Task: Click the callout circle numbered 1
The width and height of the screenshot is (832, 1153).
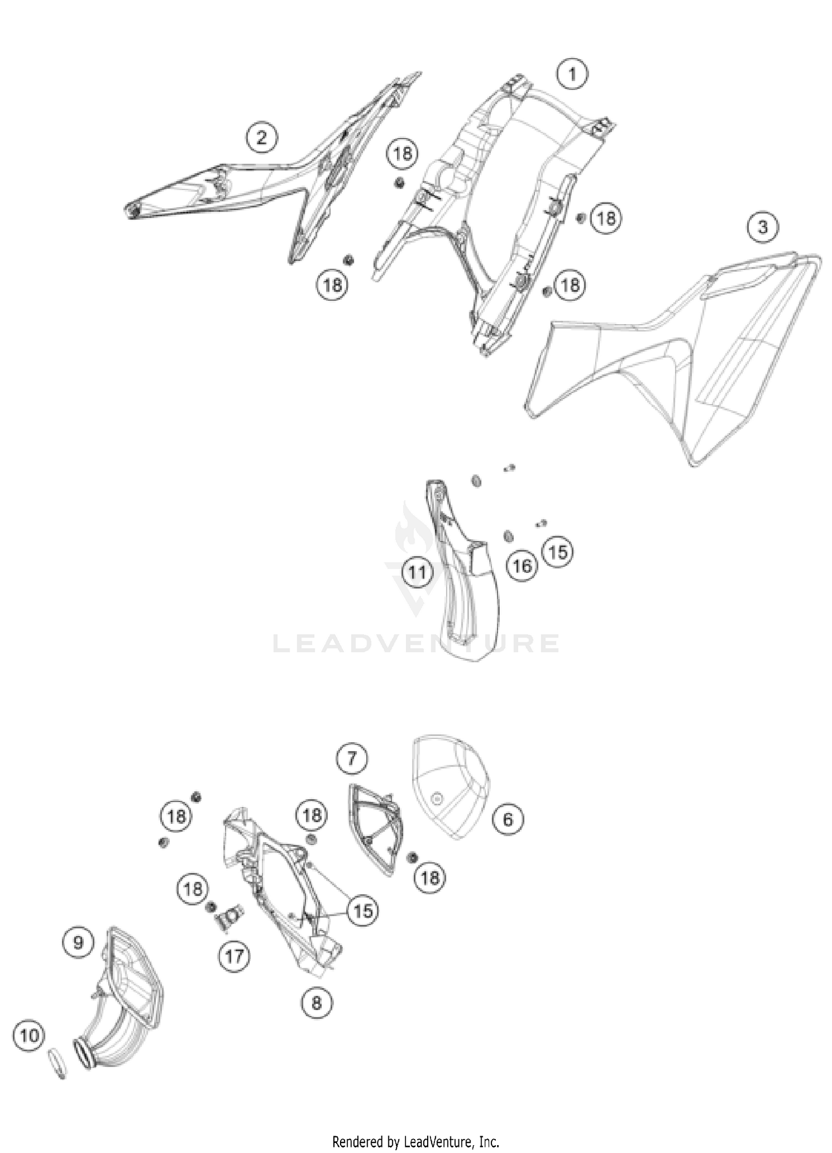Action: pos(572,74)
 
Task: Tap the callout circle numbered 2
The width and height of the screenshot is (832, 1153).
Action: pos(261,137)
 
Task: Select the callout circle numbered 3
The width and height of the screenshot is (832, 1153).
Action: pos(763,227)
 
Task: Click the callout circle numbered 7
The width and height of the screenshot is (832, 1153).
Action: pos(352,758)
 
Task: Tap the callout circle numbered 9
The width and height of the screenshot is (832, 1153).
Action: pos(78,943)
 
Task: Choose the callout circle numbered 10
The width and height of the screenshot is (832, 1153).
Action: pos(29,1035)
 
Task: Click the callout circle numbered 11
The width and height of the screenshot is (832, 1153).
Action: pos(417,571)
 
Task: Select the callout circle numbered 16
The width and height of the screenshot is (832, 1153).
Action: pos(522,566)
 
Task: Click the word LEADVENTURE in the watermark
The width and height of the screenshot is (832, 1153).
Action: pos(416,643)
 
